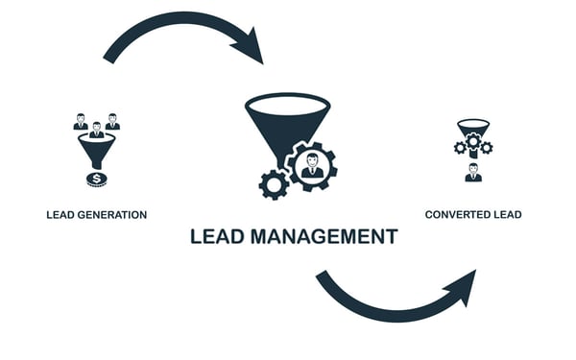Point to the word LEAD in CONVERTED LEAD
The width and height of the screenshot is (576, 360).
508,215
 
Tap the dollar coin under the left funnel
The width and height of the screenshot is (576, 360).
96,179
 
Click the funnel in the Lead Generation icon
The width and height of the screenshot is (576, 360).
96,150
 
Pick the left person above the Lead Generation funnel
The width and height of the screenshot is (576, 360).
81,122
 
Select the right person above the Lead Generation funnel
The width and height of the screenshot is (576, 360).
112,122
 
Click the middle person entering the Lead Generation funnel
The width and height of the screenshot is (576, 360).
96,131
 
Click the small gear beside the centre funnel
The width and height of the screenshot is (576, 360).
274,183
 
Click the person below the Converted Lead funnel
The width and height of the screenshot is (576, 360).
472,173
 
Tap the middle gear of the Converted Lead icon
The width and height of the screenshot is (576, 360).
472,142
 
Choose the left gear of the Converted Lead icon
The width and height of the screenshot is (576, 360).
460,148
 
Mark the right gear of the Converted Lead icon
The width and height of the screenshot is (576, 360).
486,148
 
